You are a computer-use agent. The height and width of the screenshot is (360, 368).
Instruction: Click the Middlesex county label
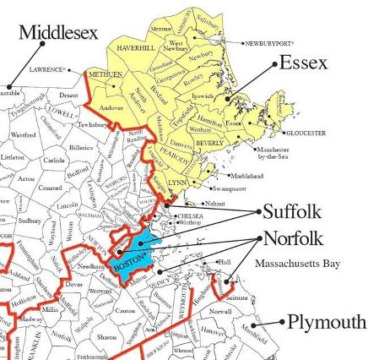(x=58, y=32)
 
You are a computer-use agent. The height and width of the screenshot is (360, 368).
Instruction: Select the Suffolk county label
(x=292, y=211)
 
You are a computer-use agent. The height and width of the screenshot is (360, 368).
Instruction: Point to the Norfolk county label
(x=293, y=237)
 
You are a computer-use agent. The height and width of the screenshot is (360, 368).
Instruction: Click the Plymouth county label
(x=327, y=322)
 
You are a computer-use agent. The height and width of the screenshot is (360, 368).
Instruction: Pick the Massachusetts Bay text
(x=298, y=264)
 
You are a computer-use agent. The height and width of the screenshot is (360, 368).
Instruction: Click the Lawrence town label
(x=46, y=69)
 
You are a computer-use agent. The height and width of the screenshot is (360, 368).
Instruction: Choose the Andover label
(x=111, y=108)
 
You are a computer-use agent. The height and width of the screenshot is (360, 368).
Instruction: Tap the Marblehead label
(x=251, y=176)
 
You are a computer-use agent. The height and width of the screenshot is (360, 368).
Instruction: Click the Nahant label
(x=216, y=204)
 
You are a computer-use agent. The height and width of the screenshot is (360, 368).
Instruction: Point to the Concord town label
(x=50, y=188)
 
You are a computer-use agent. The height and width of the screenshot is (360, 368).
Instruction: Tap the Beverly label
(x=209, y=144)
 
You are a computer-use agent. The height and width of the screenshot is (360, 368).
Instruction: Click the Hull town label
(x=225, y=262)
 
